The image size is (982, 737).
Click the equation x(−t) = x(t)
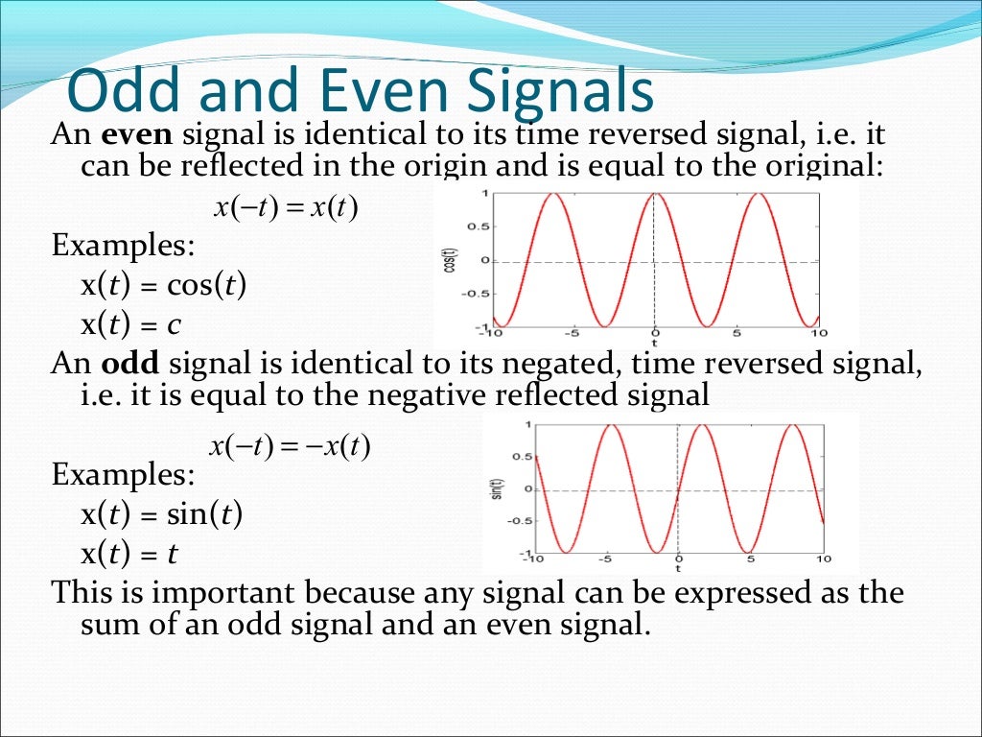point(285,208)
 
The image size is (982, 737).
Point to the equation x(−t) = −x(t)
point(290,446)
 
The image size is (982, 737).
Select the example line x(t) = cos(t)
point(164,285)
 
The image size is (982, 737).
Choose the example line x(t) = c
point(131,324)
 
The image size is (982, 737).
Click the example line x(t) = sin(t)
point(162,514)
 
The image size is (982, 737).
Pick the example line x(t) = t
point(129,554)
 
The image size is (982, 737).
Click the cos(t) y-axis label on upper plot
point(448,259)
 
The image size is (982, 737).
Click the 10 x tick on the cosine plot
point(817,334)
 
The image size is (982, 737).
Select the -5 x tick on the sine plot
point(605,559)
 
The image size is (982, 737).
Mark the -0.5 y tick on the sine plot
point(519,521)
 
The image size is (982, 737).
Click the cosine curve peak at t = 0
point(654,194)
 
